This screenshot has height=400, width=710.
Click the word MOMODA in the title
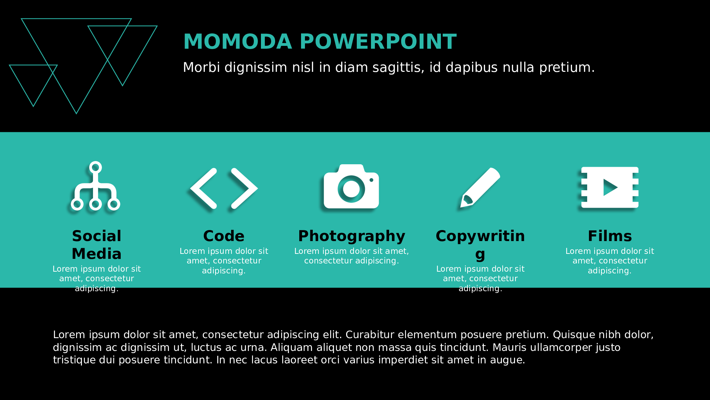[x=237, y=42]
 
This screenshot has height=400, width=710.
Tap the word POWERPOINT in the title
[x=378, y=42]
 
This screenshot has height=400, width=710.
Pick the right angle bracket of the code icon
[x=245, y=188]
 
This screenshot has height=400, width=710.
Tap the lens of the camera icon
[x=351, y=189]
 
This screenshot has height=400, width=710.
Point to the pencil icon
[x=480, y=187]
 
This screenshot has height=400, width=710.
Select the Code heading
[x=224, y=236]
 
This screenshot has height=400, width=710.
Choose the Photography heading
[x=351, y=236]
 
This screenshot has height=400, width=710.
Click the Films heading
[x=610, y=236]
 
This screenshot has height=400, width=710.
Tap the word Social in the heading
[x=97, y=236]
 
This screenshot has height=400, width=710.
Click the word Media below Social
[x=97, y=254]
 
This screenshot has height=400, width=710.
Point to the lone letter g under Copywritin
[x=480, y=255]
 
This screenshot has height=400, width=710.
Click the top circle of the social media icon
[x=95, y=167]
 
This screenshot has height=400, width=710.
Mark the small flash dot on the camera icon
[x=371, y=180]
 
